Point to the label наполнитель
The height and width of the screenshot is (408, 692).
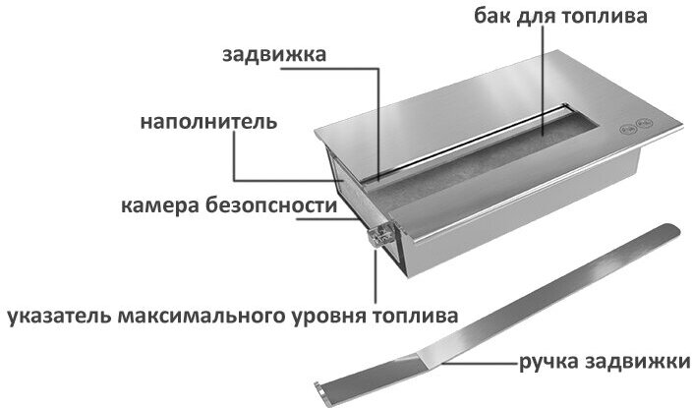[x=207, y=123]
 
